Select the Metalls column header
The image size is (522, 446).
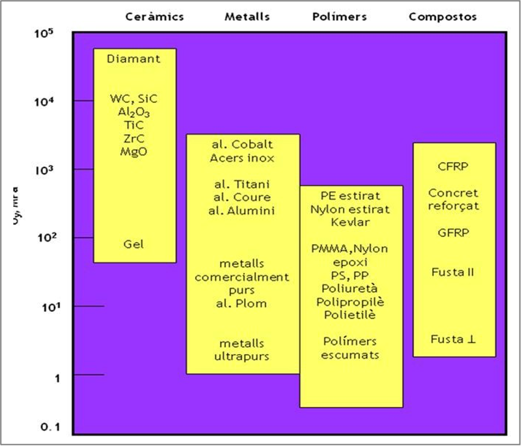pos(247,17)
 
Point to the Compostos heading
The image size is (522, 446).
pos(443,17)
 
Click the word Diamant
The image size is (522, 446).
pos(134,59)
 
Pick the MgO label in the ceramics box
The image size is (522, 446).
pos(134,151)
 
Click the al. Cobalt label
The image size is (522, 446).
pos(243,145)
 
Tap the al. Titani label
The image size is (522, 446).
pos(242,184)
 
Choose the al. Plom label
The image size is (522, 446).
pos(242,303)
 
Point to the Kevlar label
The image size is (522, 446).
pos(351,222)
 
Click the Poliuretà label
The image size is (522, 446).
pos(351,288)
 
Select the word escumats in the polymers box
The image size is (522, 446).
pos(351,355)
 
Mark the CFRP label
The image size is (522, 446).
pos(454,166)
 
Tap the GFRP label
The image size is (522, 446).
pos(454,232)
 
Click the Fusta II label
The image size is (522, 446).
pos(453,272)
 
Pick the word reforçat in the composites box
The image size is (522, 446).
pos(454,206)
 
